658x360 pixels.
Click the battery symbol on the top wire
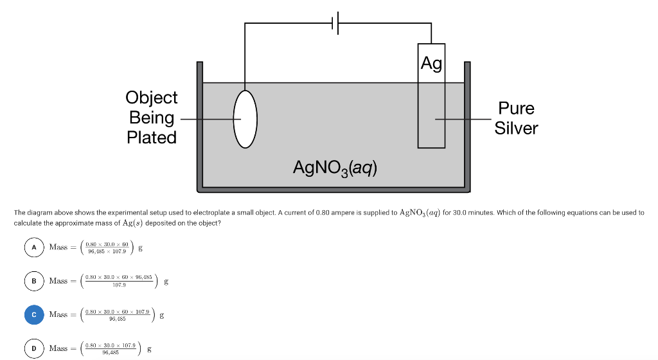pos(337,24)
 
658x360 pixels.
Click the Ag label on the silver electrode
pos(431,64)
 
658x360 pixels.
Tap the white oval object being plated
pos(245,119)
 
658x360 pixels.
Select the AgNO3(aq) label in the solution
pos(335,168)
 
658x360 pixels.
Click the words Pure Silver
pos(516,118)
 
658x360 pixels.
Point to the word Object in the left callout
pos(152,98)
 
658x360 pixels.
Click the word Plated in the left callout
pos(152,138)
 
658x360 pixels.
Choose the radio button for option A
pos(33,248)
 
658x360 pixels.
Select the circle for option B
pos(33,281)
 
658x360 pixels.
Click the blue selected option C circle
pos(33,314)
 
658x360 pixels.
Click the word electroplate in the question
pos(186,212)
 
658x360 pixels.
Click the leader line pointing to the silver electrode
pos(463,119)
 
